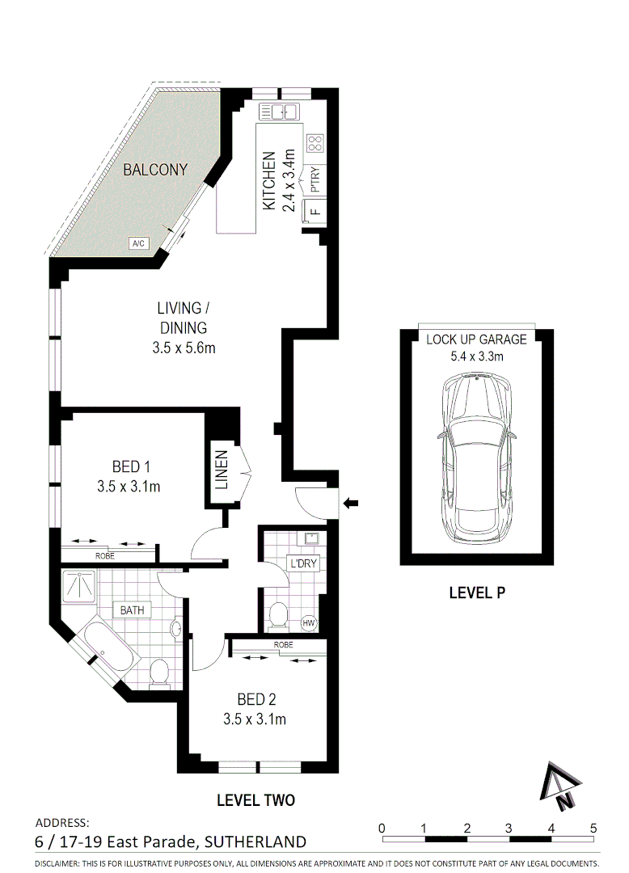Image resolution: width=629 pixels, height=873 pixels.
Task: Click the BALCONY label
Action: coord(155,170)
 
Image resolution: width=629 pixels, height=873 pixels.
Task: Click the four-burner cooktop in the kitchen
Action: coord(314,144)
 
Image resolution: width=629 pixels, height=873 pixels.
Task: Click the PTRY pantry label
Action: coord(315,179)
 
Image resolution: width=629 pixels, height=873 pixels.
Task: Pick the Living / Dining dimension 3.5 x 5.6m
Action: coord(183,348)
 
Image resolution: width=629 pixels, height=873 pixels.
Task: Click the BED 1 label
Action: coord(132,466)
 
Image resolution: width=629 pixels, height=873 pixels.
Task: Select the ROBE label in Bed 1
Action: coord(105,556)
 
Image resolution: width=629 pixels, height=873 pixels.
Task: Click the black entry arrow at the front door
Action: coord(351,504)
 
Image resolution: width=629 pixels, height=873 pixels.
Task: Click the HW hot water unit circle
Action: coord(309,622)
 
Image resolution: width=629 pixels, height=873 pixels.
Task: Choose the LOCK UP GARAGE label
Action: coord(476,339)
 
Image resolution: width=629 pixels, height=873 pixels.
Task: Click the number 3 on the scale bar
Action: coord(509,828)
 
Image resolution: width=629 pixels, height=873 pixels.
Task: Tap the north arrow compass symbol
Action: coord(562,786)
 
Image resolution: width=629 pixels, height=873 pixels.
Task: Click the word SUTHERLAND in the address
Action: coord(255,841)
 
